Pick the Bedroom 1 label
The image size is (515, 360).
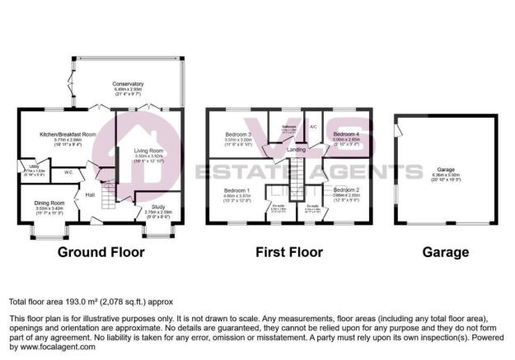pyautogui.click(x=236, y=191)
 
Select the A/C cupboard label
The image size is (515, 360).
pyautogui.click(x=314, y=128)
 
